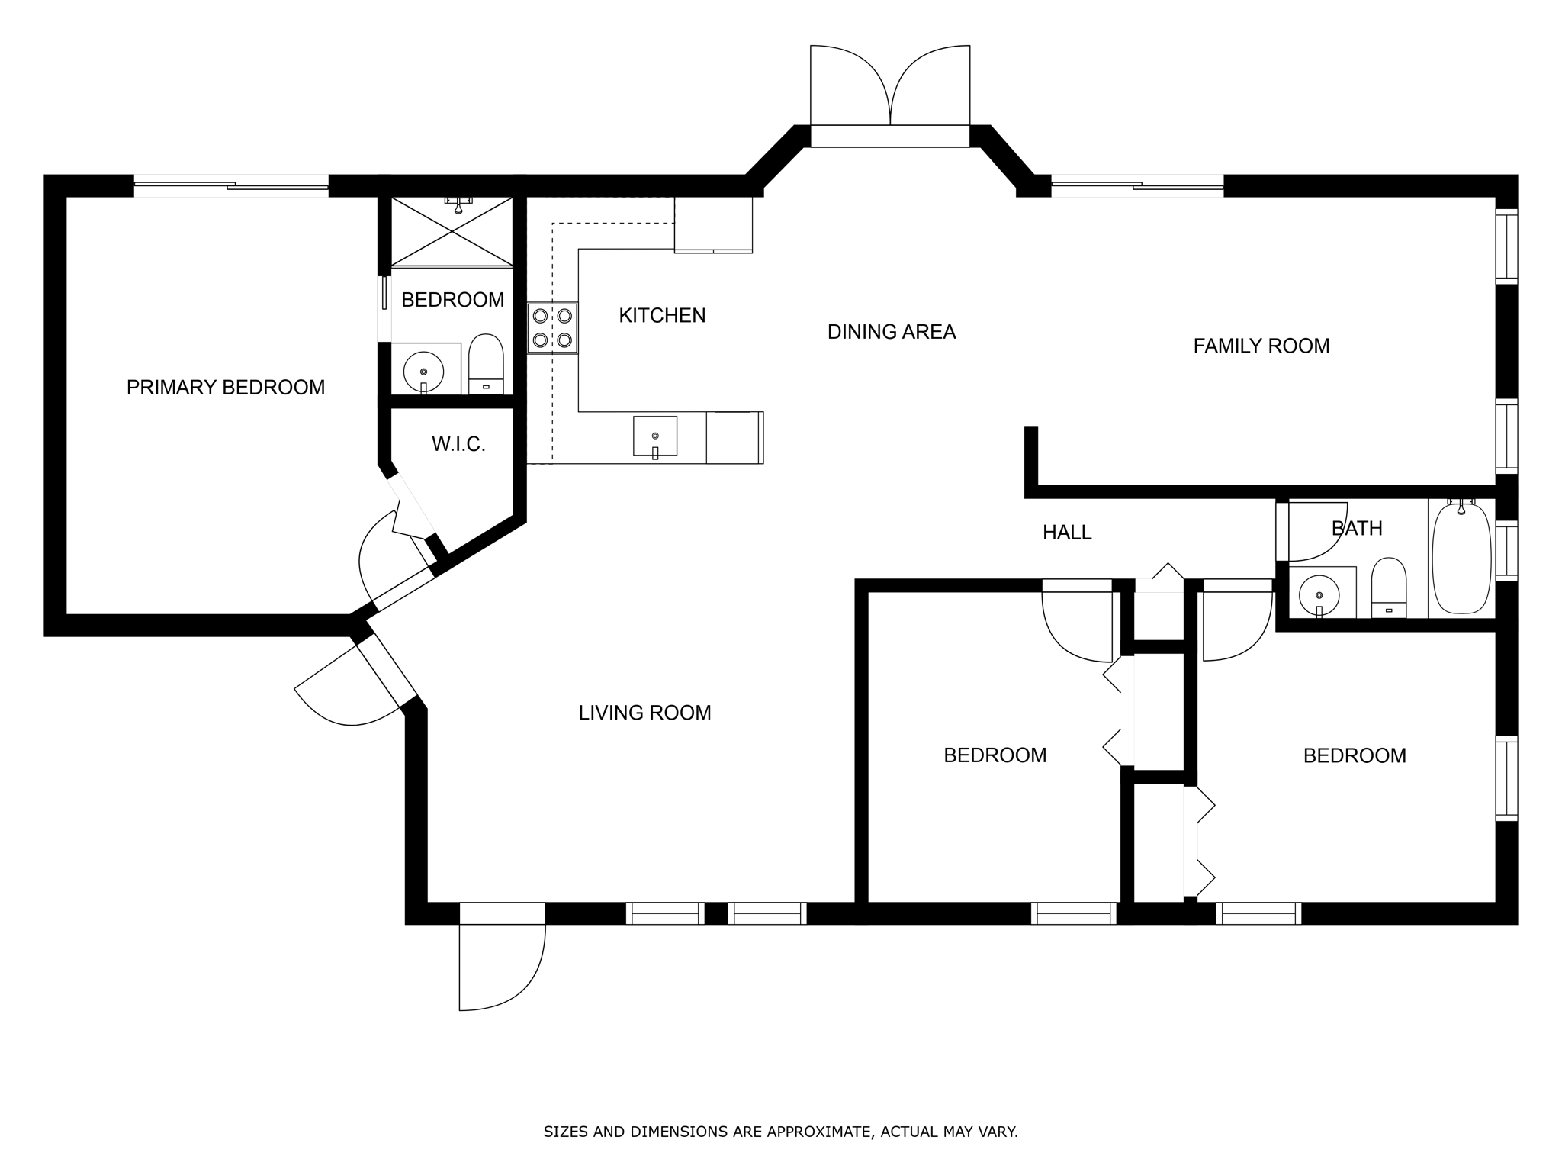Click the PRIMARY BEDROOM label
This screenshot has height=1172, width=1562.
226,388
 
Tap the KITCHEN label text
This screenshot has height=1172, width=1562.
662,316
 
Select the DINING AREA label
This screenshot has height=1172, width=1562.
892,332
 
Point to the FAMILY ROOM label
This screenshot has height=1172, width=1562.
1261,346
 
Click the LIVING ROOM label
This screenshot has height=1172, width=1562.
645,713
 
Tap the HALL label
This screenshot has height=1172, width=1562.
1067,533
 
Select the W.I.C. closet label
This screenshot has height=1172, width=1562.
459,444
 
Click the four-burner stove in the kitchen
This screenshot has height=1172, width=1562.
553,328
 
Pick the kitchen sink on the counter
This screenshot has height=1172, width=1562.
655,436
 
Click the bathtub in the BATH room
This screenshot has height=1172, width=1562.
1461,559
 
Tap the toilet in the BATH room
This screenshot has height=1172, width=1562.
1389,588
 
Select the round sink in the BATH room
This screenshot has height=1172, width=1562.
1319,593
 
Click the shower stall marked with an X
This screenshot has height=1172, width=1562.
452,231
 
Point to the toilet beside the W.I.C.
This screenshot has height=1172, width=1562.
486,365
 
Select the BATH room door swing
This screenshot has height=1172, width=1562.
1318,531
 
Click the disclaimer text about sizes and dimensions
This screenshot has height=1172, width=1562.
781,1132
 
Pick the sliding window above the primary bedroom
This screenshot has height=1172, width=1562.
231,185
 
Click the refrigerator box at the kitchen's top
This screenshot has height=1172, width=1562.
714,224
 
